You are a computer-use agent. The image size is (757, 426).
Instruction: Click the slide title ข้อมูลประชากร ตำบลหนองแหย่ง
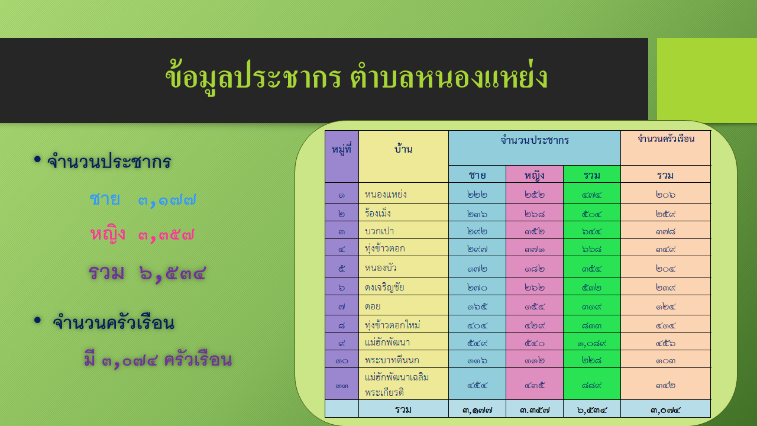tap(357, 77)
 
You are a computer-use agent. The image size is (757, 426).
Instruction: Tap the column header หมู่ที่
tap(341, 149)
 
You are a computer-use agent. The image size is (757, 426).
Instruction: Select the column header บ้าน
tap(403, 148)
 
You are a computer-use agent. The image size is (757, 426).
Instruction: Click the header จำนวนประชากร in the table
tap(535, 140)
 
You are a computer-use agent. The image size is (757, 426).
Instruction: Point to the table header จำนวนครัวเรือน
tap(666, 138)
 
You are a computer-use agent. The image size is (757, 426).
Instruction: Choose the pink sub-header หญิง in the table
tap(535, 175)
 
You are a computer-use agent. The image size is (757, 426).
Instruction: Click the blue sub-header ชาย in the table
tap(477, 175)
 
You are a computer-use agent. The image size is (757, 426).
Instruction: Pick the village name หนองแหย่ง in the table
tap(386, 195)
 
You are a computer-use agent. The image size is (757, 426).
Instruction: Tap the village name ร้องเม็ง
tap(378, 213)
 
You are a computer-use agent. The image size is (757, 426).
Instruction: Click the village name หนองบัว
tap(381, 268)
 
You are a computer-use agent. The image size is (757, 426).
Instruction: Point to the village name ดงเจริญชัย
tap(384, 287)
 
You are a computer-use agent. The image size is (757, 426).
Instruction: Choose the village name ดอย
tap(373, 306)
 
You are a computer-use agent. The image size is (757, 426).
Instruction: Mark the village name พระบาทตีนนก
tap(392, 360)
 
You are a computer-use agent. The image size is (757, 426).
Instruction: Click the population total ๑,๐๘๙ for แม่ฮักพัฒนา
tap(592, 344)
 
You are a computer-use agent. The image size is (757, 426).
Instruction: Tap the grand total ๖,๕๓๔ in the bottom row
tap(592, 411)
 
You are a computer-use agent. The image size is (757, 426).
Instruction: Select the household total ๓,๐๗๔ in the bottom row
tap(665, 411)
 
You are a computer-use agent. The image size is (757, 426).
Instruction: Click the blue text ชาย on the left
tap(105, 199)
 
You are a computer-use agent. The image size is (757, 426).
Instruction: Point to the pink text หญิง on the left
tap(108, 234)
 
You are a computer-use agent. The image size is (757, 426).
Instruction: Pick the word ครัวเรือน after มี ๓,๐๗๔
tap(198, 360)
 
